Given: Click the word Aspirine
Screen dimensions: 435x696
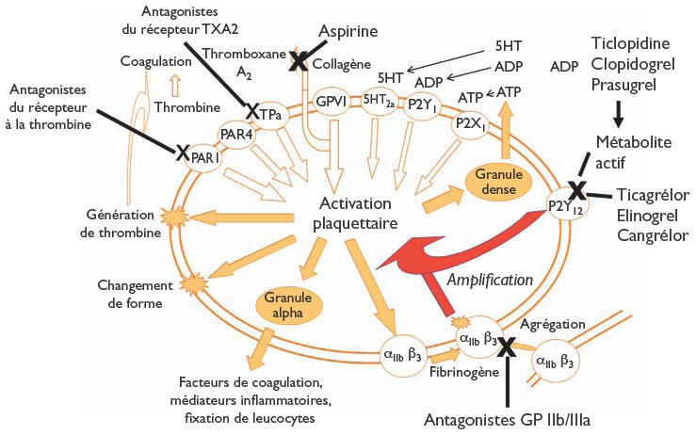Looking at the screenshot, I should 348,32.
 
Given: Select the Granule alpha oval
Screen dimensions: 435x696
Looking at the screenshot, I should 286,304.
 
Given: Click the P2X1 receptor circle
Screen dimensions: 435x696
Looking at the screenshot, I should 469,121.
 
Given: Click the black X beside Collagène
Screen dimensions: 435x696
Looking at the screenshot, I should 299,62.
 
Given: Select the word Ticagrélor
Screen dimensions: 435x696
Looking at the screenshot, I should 653,195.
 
